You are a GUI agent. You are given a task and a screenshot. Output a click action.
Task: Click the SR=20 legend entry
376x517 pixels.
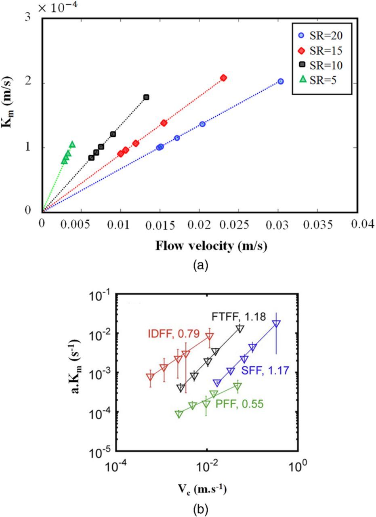(321, 35)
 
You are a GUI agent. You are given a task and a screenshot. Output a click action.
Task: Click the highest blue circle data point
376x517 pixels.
(281, 81)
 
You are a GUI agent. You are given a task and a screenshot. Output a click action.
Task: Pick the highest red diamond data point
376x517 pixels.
(223, 78)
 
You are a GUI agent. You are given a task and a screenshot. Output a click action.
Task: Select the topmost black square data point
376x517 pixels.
(146, 97)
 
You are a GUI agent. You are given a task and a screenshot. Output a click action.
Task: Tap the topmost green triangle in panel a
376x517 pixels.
(72, 144)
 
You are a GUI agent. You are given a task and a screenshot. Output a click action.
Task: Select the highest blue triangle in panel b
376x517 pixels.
(276, 324)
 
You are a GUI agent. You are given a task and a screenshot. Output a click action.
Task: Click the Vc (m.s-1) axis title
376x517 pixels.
(206, 490)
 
